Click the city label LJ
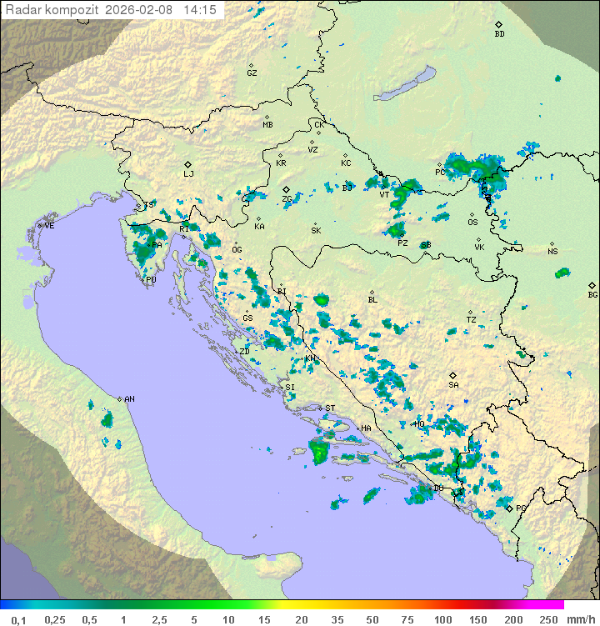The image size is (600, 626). [x=188, y=174]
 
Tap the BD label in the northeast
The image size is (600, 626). [x=499, y=34]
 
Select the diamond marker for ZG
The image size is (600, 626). [x=286, y=190]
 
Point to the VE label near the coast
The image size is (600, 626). [x=49, y=226]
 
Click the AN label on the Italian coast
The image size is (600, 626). [x=129, y=399]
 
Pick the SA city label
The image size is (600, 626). [x=453, y=385]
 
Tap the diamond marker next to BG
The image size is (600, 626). [x=592, y=285]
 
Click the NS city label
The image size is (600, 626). [x=552, y=252]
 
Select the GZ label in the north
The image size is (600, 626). [x=252, y=73]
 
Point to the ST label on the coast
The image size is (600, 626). [x=330, y=408]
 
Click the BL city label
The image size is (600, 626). [x=372, y=300]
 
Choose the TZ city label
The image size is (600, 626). [x=471, y=320]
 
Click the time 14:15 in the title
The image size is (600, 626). [x=200, y=10]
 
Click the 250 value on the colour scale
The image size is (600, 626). [x=548, y=619]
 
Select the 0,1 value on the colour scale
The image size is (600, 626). [x=18, y=619]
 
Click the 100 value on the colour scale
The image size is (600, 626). [x=442, y=619]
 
